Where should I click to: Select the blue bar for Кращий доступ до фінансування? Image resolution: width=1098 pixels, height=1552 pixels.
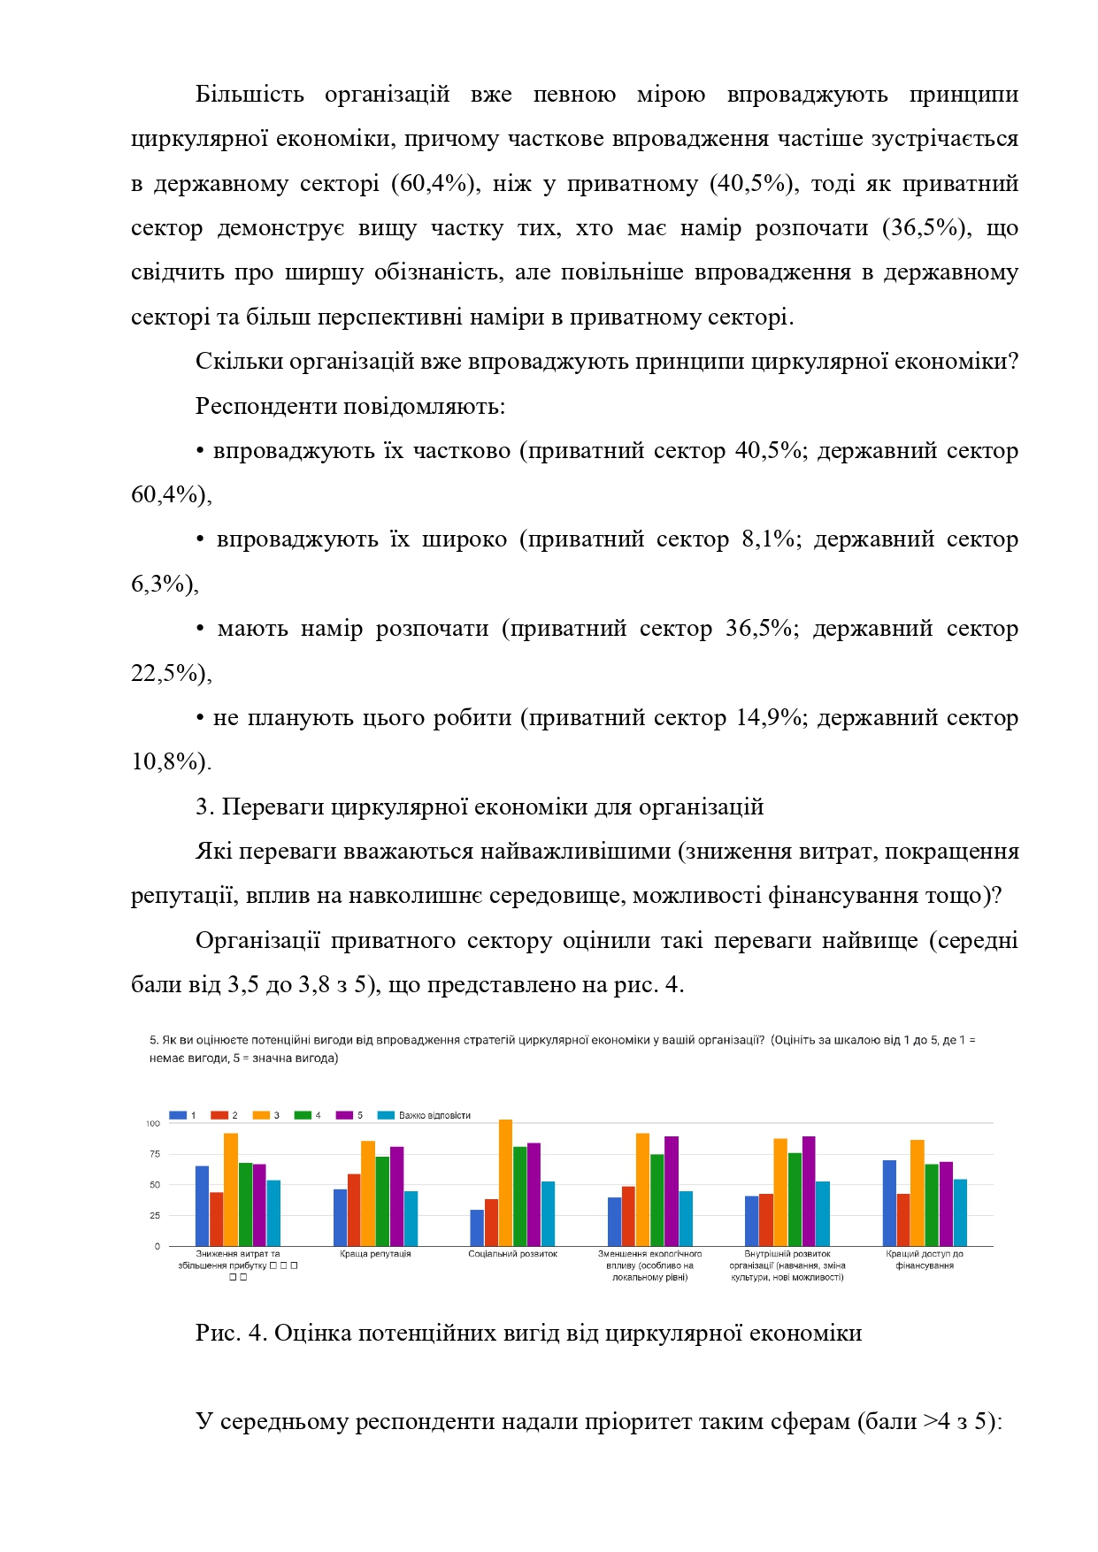tap(889, 1203)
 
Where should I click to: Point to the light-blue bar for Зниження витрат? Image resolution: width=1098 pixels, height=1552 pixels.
tap(273, 1212)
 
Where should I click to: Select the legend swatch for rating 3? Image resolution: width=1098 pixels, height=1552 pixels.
tap(261, 1115)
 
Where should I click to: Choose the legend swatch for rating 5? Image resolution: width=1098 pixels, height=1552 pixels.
tap(344, 1115)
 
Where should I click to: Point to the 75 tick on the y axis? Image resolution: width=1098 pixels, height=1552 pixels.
tap(155, 1154)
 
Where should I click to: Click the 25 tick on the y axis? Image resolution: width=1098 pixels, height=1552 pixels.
tap(155, 1216)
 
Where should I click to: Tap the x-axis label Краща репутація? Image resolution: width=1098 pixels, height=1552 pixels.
tap(375, 1254)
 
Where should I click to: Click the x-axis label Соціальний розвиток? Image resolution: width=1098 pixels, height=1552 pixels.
tap(512, 1254)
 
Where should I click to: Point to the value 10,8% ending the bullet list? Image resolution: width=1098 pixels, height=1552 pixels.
tap(165, 761)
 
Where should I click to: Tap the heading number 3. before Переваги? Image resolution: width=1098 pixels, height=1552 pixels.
tap(204, 807)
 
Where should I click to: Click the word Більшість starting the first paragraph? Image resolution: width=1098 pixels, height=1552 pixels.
tap(250, 95)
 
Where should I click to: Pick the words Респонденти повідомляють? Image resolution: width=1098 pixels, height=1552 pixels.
tap(350, 406)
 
